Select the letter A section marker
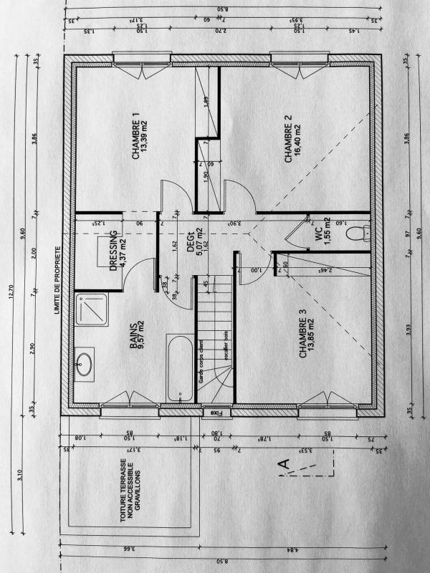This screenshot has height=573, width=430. pos(285,466)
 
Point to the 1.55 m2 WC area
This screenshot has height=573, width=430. pos(327,232)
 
